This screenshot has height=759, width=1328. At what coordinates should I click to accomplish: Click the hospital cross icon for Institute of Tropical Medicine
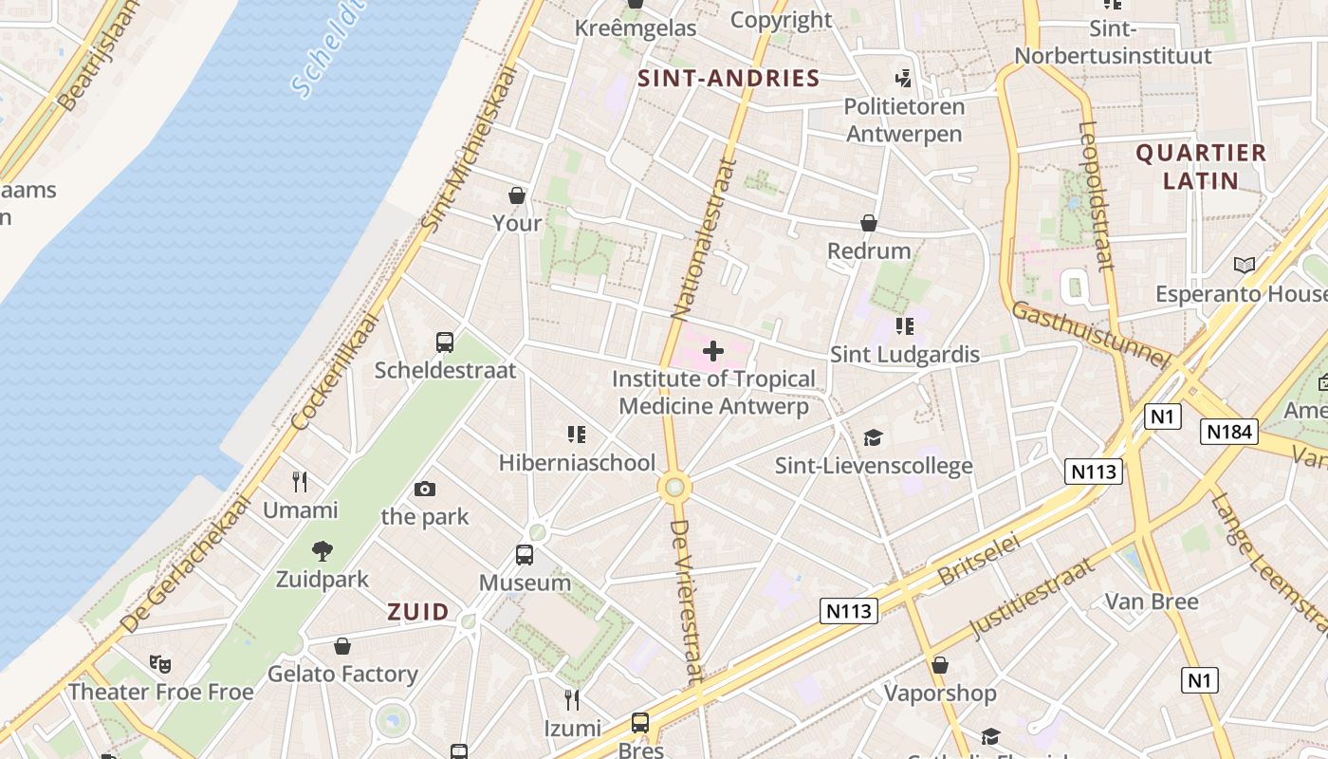[713, 352]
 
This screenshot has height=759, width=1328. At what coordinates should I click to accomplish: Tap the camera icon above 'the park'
[425, 490]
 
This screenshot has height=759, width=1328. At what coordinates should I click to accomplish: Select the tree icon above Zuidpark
[323, 551]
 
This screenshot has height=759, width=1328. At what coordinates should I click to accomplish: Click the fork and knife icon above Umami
[300, 482]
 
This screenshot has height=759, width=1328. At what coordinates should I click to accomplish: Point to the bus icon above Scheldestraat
[444, 342]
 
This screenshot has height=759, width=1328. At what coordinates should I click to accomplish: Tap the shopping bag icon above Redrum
[868, 223]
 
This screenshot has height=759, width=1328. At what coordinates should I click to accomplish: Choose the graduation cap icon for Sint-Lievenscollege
[873, 437]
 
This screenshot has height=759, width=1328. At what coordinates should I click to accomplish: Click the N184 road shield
[1228, 432]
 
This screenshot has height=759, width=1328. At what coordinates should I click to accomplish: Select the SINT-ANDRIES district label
[729, 78]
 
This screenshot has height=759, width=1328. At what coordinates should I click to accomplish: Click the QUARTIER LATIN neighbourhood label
[1201, 166]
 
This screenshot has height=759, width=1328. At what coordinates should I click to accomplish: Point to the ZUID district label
[417, 612]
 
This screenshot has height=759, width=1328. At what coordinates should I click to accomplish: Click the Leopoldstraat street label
[1097, 195]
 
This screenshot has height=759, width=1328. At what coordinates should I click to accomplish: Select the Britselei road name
[979, 559]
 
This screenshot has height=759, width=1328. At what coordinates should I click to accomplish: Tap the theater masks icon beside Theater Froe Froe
[159, 663]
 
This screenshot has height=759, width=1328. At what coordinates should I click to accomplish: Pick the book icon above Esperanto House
[1244, 266]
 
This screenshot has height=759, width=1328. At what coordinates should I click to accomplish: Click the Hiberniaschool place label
[577, 463]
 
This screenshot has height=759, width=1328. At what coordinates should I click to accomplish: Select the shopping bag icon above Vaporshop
[940, 665]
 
